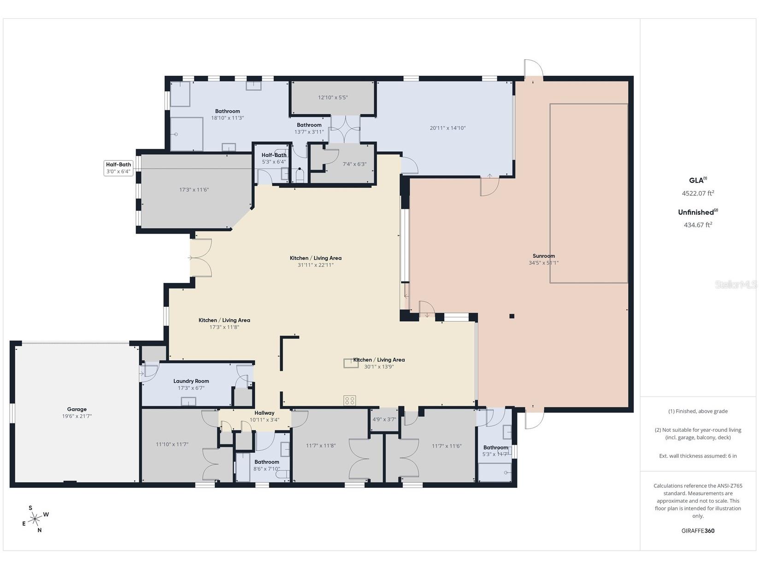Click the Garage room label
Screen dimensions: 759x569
coord(77,409)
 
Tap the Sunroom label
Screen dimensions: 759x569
coord(544,256)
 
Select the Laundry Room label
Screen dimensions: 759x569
coord(191,381)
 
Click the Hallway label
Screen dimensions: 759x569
coord(265,413)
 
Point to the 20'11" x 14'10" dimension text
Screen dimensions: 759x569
coord(448,128)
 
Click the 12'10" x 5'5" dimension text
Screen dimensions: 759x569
coord(333,98)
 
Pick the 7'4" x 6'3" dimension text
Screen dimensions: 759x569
coord(354,164)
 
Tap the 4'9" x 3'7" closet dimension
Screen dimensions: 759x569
coord(384,419)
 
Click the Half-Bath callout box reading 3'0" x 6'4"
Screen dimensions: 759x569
coord(118,168)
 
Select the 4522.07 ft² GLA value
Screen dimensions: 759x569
coord(698,193)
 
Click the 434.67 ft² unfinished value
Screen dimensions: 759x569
coord(698,225)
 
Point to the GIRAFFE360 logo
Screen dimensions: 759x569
coord(698,531)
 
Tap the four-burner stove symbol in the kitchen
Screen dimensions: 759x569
coord(350,401)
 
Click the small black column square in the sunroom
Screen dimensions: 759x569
coord(512,316)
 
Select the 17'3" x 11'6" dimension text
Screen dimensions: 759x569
coord(194,189)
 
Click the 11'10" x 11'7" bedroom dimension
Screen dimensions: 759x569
coord(172,444)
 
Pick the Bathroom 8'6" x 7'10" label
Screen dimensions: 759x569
coord(267,465)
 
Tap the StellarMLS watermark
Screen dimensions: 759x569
coord(735,285)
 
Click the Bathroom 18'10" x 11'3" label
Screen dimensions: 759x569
coord(228,114)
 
